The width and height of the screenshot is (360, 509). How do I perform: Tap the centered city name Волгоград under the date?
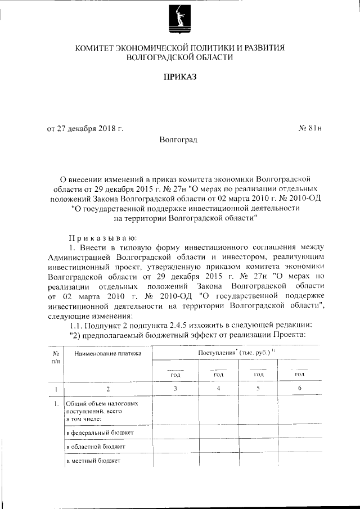178,138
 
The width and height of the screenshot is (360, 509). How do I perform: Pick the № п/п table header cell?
56,357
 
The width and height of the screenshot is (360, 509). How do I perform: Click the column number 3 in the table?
175,388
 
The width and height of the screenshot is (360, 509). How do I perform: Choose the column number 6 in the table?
299,388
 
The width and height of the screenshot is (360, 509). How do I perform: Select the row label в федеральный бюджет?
99,433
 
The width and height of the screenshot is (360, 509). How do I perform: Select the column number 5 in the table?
259,388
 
